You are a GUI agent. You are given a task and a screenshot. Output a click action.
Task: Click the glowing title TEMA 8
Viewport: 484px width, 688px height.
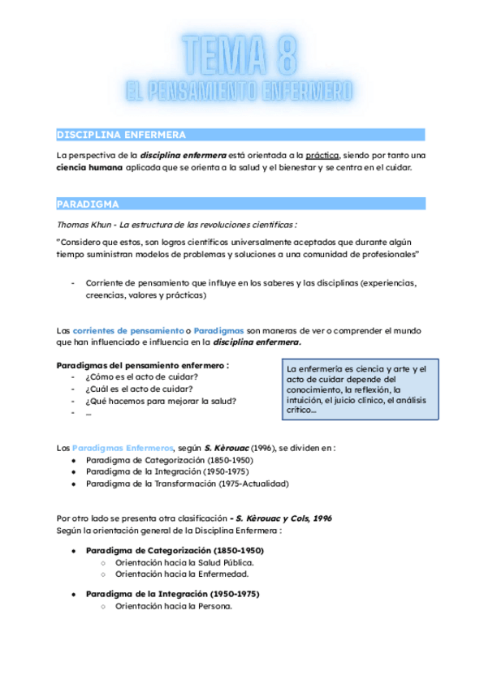point(241,55)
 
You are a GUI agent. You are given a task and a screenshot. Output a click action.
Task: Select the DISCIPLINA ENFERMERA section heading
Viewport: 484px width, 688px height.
point(121,134)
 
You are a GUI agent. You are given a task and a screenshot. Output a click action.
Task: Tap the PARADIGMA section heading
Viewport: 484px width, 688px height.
point(88,204)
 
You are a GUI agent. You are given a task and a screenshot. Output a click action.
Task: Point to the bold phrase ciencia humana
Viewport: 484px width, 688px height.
point(89,168)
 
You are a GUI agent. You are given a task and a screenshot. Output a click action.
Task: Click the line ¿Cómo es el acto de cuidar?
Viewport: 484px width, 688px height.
point(142,376)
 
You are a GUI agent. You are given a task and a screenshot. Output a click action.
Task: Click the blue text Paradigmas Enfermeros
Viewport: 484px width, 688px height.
point(122,447)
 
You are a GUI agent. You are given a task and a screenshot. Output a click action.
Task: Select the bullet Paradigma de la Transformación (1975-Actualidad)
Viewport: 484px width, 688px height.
point(186,484)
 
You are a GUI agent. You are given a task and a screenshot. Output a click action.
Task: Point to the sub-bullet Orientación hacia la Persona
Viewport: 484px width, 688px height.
point(174,605)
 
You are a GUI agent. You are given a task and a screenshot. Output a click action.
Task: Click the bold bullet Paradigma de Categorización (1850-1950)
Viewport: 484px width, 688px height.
point(174,550)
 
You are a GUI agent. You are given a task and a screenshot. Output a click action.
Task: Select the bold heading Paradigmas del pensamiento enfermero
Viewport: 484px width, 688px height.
point(141,364)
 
